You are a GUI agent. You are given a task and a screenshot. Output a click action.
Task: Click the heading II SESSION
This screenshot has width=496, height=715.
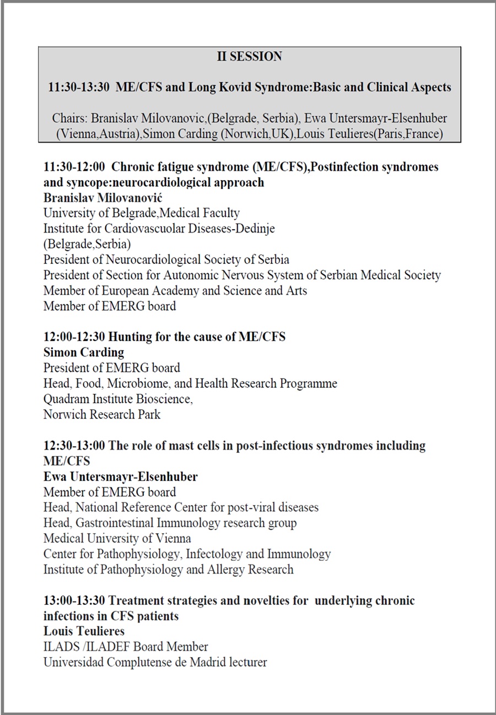[x=249, y=57]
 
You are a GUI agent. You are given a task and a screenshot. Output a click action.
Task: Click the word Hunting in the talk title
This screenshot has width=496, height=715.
[x=130, y=337]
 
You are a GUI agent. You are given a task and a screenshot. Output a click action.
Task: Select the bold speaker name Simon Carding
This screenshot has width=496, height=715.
[x=84, y=352]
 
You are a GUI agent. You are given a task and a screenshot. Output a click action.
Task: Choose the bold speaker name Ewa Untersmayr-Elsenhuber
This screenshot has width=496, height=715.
[x=120, y=476]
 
